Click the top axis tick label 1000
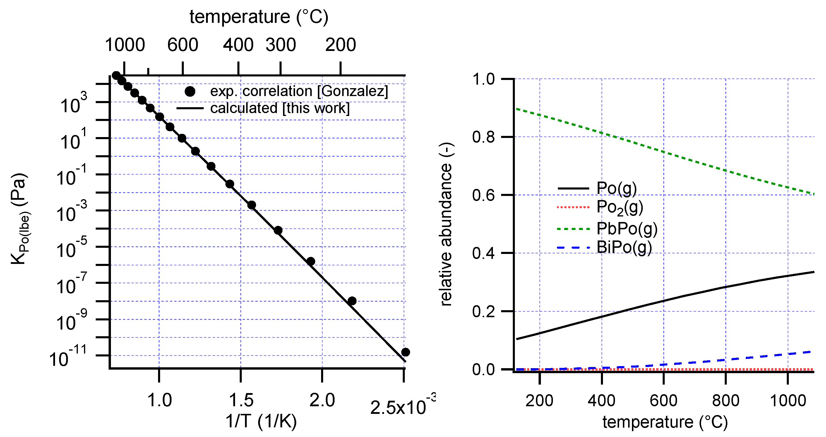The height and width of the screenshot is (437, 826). (125, 45)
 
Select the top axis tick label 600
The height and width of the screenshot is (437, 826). (182, 45)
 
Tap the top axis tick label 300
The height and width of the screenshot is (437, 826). (281, 45)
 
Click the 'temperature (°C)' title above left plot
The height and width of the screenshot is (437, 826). (259, 17)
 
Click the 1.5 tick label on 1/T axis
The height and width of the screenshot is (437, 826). (241, 400)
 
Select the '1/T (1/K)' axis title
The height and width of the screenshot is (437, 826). (261, 421)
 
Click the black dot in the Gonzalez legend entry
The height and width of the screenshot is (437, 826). (190, 91)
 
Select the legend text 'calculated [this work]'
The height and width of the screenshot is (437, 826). (280, 108)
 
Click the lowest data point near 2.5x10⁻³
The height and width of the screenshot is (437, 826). (405, 352)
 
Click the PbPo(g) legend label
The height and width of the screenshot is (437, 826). (627, 229)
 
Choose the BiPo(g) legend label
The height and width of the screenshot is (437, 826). (624, 247)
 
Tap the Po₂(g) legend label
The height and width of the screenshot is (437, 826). (619, 207)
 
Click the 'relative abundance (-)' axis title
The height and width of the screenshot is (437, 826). (446, 224)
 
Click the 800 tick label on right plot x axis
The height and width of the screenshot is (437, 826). (726, 400)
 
